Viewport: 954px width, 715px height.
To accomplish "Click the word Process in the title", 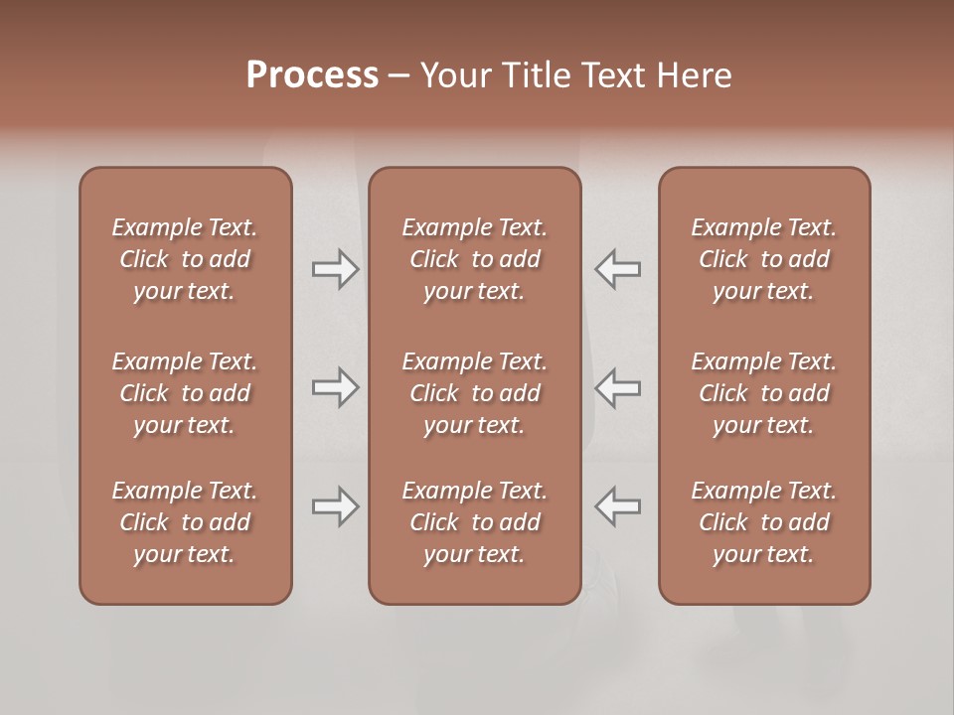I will [312, 74].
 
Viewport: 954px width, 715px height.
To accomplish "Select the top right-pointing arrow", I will [335, 269].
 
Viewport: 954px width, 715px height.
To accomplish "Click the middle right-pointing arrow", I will [335, 387].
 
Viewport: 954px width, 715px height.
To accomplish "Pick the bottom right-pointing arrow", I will [335, 506].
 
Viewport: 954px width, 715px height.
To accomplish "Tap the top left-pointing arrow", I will [617, 269].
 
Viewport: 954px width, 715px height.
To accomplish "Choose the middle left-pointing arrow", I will [617, 387].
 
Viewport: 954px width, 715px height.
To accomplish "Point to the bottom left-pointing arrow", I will [617, 506].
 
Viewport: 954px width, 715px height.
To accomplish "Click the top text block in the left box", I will [185, 259].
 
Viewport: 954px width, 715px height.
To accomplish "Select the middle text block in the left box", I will [185, 393].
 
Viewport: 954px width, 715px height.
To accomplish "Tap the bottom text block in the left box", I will [185, 522].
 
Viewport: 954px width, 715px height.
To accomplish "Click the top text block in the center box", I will [474, 259].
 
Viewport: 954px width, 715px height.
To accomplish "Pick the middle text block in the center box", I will [474, 393].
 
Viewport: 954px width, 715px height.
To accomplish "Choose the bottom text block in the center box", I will [474, 522].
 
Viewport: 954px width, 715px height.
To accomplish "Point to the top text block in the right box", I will [763, 259].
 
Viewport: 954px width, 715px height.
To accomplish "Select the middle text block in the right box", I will [763, 393].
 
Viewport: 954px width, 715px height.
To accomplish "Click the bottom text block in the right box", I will [763, 522].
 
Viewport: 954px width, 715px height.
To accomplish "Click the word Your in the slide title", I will [454, 74].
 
